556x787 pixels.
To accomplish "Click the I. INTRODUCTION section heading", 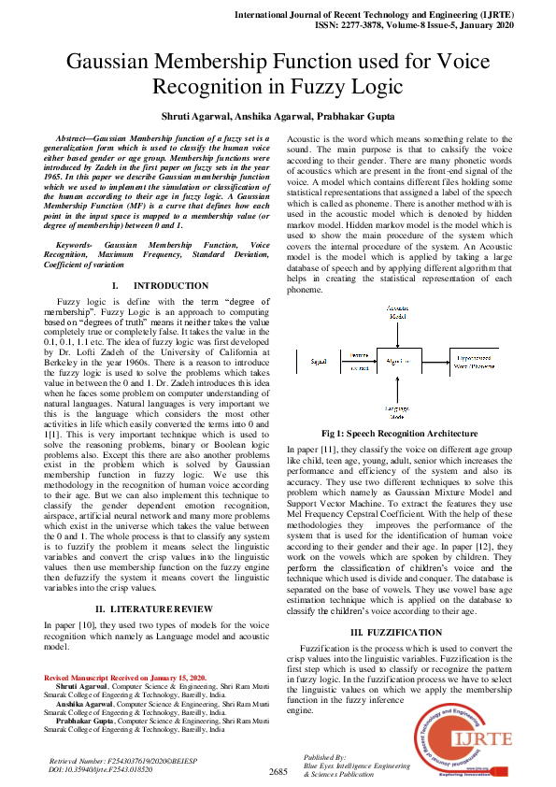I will [x=160, y=285].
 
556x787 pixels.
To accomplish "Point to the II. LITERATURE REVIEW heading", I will [x=160, y=608].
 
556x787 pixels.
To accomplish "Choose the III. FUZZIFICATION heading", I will [x=395, y=633].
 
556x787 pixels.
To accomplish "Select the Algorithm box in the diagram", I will [x=398, y=359].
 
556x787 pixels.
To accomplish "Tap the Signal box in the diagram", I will [x=318, y=359].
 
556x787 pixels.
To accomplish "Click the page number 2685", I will [x=278, y=771].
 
